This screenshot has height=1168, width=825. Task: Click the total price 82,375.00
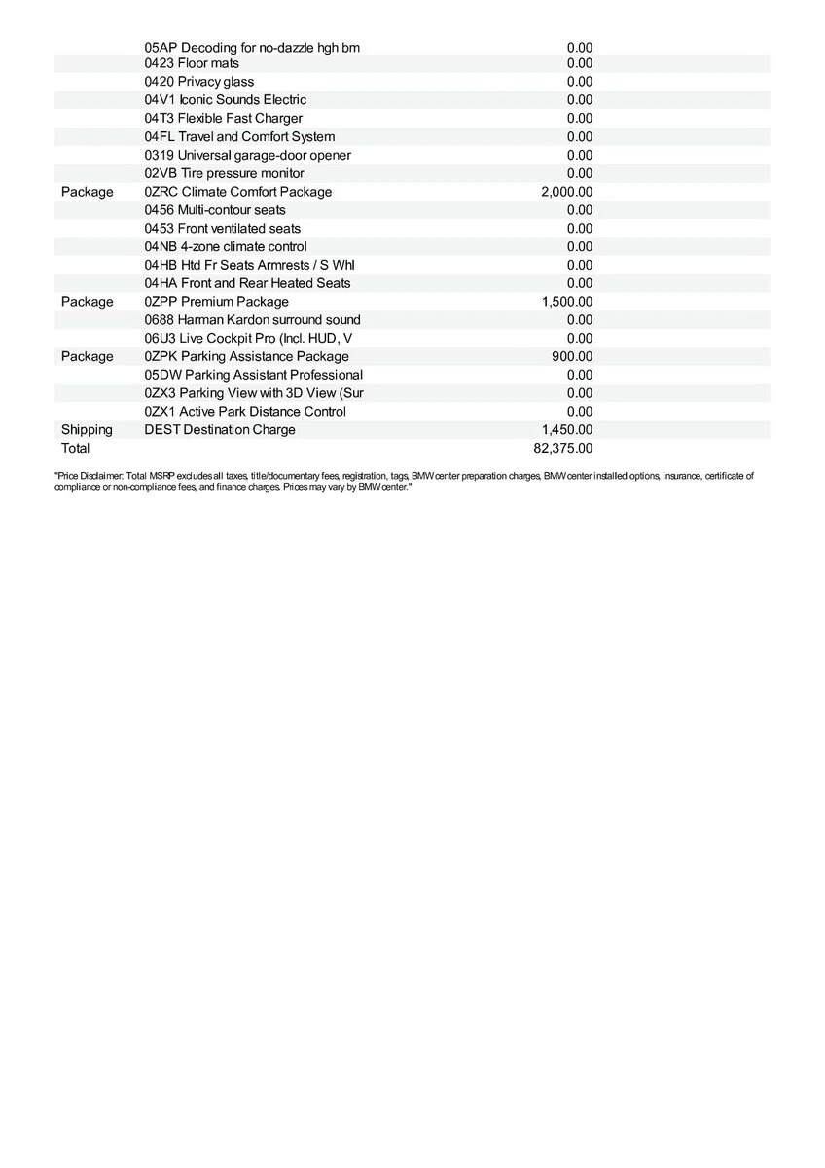(x=563, y=449)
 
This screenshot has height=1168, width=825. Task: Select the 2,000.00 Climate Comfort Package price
(x=566, y=192)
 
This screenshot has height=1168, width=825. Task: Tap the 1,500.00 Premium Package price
(x=566, y=302)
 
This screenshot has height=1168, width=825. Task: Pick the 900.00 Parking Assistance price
(x=572, y=357)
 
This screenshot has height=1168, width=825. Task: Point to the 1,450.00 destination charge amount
(x=566, y=430)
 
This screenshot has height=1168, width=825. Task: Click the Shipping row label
(x=87, y=430)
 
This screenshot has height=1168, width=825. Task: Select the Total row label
(x=75, y=449)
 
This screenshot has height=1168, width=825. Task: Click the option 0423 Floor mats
(x=192, y=63)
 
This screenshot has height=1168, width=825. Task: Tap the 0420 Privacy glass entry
(x=198, y=82)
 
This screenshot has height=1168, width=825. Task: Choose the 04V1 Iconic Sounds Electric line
(x=225, y=100)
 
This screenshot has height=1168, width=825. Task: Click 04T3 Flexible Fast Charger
(x=223, y=119)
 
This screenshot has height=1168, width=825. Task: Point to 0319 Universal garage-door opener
(x=247, y=156)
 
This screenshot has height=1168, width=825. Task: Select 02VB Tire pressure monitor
(x=224, y=173)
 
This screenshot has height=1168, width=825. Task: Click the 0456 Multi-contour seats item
(x=215, y=210)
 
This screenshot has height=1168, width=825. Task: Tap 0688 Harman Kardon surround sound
(x=252, y=320)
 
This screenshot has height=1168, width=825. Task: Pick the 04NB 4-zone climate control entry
(x=225, y=247)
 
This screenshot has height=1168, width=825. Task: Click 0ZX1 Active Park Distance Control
(x=244, y=412)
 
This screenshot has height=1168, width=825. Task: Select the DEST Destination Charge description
(x=219, y=430)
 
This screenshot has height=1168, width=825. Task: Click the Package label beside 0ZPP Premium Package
(x=87, y=302)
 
